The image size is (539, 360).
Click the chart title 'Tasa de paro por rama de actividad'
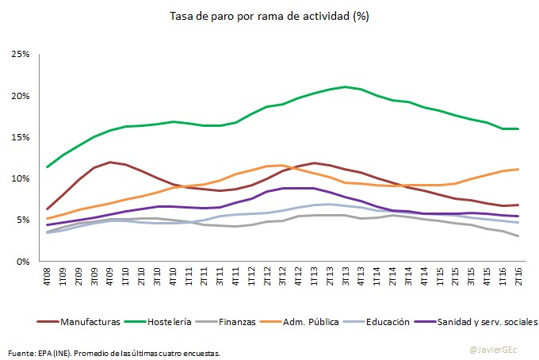(x=269, y=16)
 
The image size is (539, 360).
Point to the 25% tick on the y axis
(x=21, y=54)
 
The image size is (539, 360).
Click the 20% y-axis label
(x=21, y=95)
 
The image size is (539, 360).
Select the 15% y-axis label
(x=21, y=136)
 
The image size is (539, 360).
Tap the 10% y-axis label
(x=21, y=178)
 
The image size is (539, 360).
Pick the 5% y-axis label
(x=22, y=220)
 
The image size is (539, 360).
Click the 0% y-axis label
(x=22, y=261)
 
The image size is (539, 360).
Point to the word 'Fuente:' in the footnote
(x=21, y=352)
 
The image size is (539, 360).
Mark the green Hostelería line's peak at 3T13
(x=346, y=86)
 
